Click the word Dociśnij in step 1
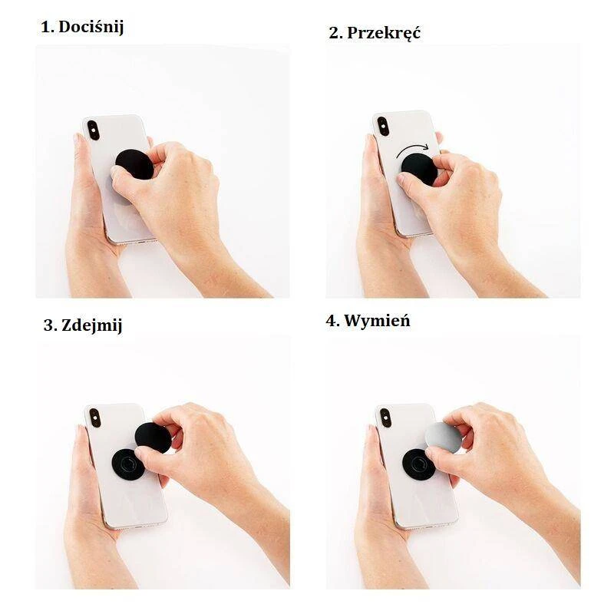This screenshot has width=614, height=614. tap(91, 28)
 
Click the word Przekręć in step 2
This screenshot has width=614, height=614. tap(383, 33)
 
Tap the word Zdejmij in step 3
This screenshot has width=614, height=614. tap(91, 325)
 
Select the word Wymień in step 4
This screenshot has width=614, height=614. tap(377, 321)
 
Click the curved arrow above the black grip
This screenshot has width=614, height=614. tap(412, 149)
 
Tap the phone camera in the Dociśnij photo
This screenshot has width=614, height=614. tap(93, 130)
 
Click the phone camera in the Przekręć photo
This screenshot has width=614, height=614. tap(382, 126)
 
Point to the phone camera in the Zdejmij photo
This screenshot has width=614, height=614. tap(94, 418)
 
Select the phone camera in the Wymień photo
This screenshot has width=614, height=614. tap(386, 418)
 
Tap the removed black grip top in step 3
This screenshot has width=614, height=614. tap(153, 437)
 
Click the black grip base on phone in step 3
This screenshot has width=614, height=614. tap(127, 464)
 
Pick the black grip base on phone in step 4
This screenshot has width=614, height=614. tap(418, 464)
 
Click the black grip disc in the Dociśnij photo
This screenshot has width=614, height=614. tap(134, 164)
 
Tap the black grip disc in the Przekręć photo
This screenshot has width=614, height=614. tap(419, 170)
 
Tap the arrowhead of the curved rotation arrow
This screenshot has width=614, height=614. tap(425, 147)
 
